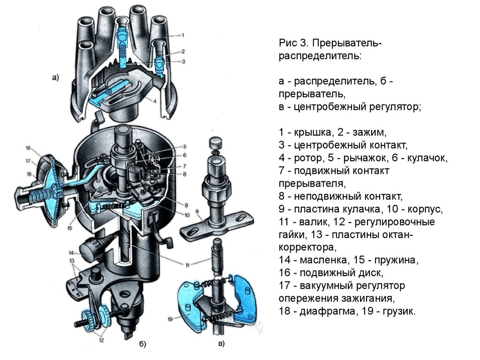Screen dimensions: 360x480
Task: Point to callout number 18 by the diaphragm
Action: [x=29, y=149]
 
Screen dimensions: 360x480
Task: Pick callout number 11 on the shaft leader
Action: [x=187, y=265]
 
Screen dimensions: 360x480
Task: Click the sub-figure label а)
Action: [x=55, y=78]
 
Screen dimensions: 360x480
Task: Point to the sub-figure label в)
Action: [x=221, y=344]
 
